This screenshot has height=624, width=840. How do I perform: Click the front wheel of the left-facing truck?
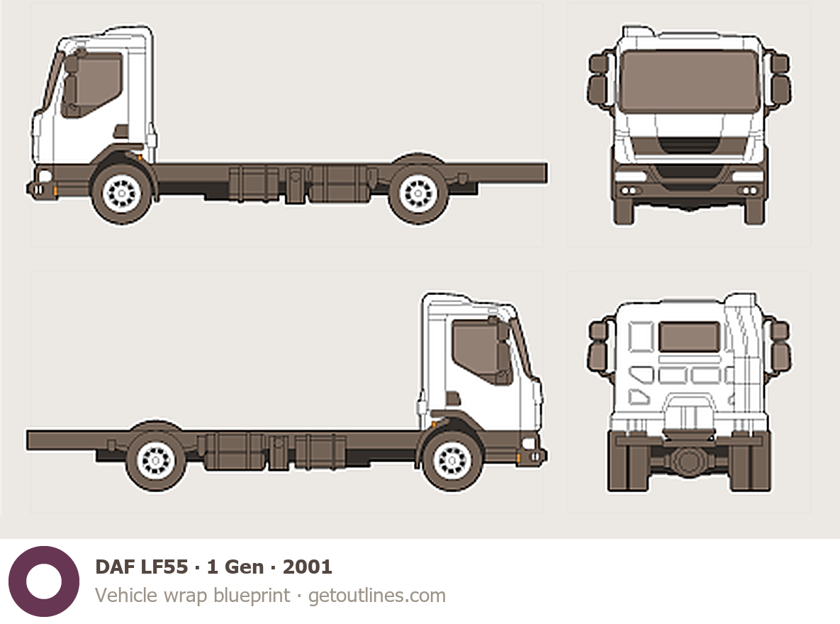pos(121,192)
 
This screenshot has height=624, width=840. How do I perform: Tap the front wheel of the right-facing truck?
pos(453,461)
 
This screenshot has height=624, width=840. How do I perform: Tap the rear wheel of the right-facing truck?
pos(156,461)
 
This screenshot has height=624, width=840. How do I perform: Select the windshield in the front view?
pos(689,81)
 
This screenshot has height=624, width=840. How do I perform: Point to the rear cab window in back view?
pos(689,337)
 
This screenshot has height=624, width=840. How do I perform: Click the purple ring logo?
pos(44,581)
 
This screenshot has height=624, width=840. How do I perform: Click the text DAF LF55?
pos(141,567)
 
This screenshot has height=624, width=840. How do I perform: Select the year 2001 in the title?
pos(307,567)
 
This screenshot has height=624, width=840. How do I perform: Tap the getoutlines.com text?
pos(377,596)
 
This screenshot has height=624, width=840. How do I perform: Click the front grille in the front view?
pos(689,152)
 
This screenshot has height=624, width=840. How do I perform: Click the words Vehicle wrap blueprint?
pos(193,596)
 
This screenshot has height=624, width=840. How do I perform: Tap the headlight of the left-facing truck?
pos(44,175)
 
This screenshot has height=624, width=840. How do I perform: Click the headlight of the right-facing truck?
pos(528,443)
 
